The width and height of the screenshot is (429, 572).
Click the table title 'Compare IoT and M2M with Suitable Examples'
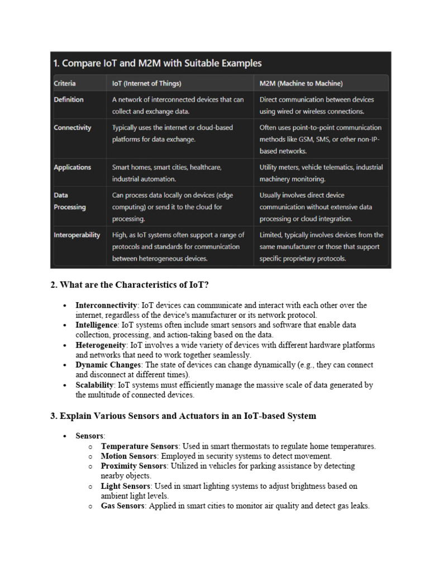158,63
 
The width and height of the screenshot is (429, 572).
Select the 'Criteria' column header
65,84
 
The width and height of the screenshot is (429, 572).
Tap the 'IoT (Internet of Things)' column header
146,84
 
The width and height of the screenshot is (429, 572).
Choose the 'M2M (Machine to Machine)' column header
301,84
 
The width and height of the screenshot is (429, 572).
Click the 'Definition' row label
69,99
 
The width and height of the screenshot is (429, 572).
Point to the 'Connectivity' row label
73,127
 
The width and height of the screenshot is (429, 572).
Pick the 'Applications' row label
72,167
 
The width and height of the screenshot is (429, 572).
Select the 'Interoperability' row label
77,235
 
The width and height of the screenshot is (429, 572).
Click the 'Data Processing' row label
70,201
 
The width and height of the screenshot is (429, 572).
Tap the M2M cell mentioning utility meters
321,173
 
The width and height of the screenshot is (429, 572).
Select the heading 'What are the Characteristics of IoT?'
130,285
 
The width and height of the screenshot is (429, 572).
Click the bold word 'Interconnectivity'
107,305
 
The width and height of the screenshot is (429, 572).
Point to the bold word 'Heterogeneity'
101,345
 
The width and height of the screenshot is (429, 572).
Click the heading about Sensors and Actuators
183,416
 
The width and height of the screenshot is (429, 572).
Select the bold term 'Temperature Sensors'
139,446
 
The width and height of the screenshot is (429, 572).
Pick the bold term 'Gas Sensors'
123,506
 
